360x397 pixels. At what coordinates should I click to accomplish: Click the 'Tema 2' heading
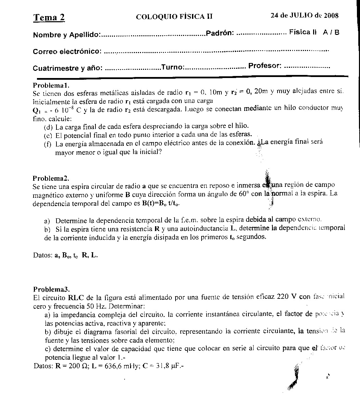click(49, 18)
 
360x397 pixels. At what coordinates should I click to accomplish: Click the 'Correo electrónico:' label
click(67, 52)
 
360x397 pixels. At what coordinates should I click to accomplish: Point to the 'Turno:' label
click(172, 67)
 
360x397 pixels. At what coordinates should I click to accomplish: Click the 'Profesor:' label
click(265, 65)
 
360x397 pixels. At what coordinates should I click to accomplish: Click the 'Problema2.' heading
click(51, 178)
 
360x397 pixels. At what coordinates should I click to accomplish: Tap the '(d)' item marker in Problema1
click(48, 127)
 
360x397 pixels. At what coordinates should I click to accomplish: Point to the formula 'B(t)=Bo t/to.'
click(161, 203)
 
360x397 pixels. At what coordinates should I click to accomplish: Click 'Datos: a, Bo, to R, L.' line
click(65, 255)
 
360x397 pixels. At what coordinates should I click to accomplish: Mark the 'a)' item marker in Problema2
click(47, 220)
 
